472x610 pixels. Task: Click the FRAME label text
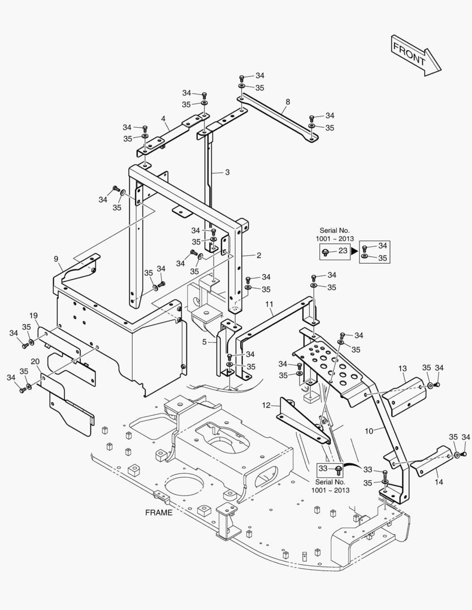159,513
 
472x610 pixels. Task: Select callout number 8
288,102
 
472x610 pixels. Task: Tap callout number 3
227,172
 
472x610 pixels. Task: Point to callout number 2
258,255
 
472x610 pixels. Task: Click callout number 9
56,259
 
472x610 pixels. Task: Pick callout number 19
33,315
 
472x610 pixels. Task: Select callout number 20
34,361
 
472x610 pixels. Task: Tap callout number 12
267,404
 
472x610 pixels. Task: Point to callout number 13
402,369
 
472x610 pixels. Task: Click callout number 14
439,466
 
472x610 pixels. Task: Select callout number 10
369,431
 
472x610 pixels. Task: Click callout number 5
205,342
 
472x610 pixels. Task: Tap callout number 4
163,119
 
